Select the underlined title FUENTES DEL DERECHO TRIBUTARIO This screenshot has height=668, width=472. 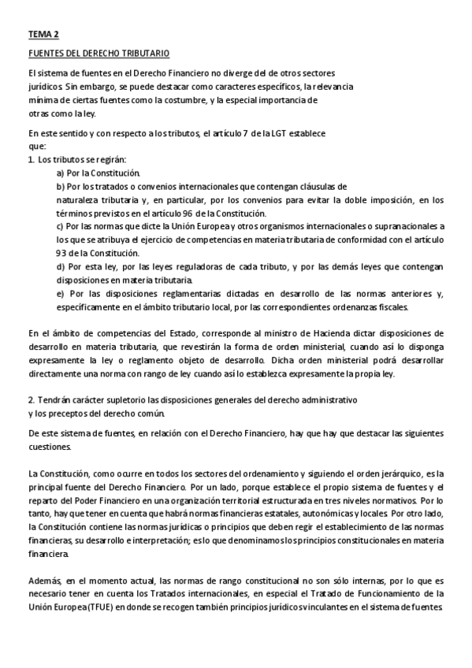(98, 54)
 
